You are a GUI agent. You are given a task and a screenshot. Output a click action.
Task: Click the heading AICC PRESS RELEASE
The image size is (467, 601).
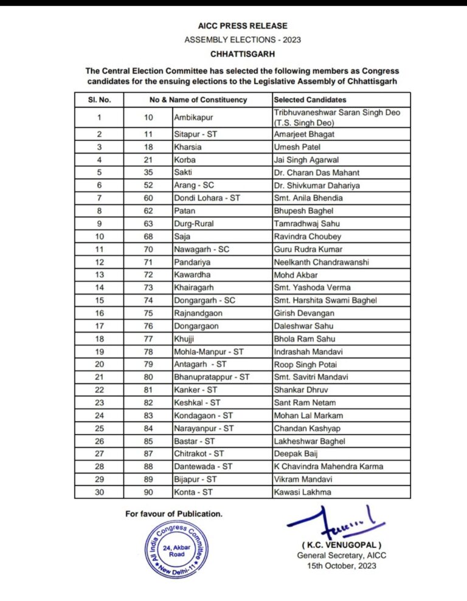click(x=242, y=26)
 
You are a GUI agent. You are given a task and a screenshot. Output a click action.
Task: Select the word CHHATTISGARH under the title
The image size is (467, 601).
click(x=242, y=53)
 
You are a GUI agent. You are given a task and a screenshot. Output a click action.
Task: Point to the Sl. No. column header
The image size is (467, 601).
click(x=99, y=100)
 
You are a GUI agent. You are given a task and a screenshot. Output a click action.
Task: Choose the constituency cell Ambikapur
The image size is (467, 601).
click(x=195, y=117)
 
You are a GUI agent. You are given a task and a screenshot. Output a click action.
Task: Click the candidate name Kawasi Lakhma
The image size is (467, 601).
click(x=302, y=492)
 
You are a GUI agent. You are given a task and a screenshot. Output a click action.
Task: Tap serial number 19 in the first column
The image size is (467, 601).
click(x=99, y=351)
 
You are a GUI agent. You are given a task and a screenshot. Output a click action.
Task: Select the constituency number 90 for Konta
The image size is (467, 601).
click(x=149, y=492)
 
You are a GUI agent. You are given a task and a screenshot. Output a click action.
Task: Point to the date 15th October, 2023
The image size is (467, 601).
click(x=341, y=566)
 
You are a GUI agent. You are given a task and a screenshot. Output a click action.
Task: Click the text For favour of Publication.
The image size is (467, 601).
click(x=174, y=513)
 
